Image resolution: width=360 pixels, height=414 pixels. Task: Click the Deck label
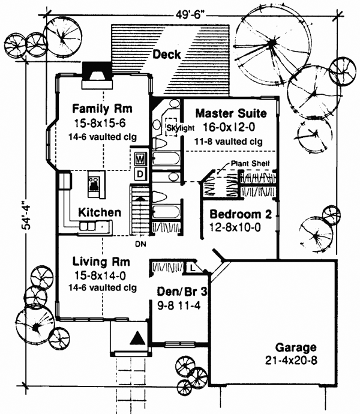point(166,55)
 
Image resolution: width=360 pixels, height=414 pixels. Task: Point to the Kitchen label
point(99,212)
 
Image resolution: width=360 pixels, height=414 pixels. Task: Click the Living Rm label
point(100,262)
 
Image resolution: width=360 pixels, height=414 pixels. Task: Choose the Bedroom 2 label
point(237,215)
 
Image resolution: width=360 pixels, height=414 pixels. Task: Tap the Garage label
point(295,349)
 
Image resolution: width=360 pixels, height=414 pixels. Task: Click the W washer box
point(140,160)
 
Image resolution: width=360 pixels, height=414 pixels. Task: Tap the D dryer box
point(140,173)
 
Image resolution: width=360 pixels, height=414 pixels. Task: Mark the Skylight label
point(180,128)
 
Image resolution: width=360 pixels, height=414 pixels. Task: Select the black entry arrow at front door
point(138,339)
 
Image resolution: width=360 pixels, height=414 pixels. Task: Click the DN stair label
point(139,244)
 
